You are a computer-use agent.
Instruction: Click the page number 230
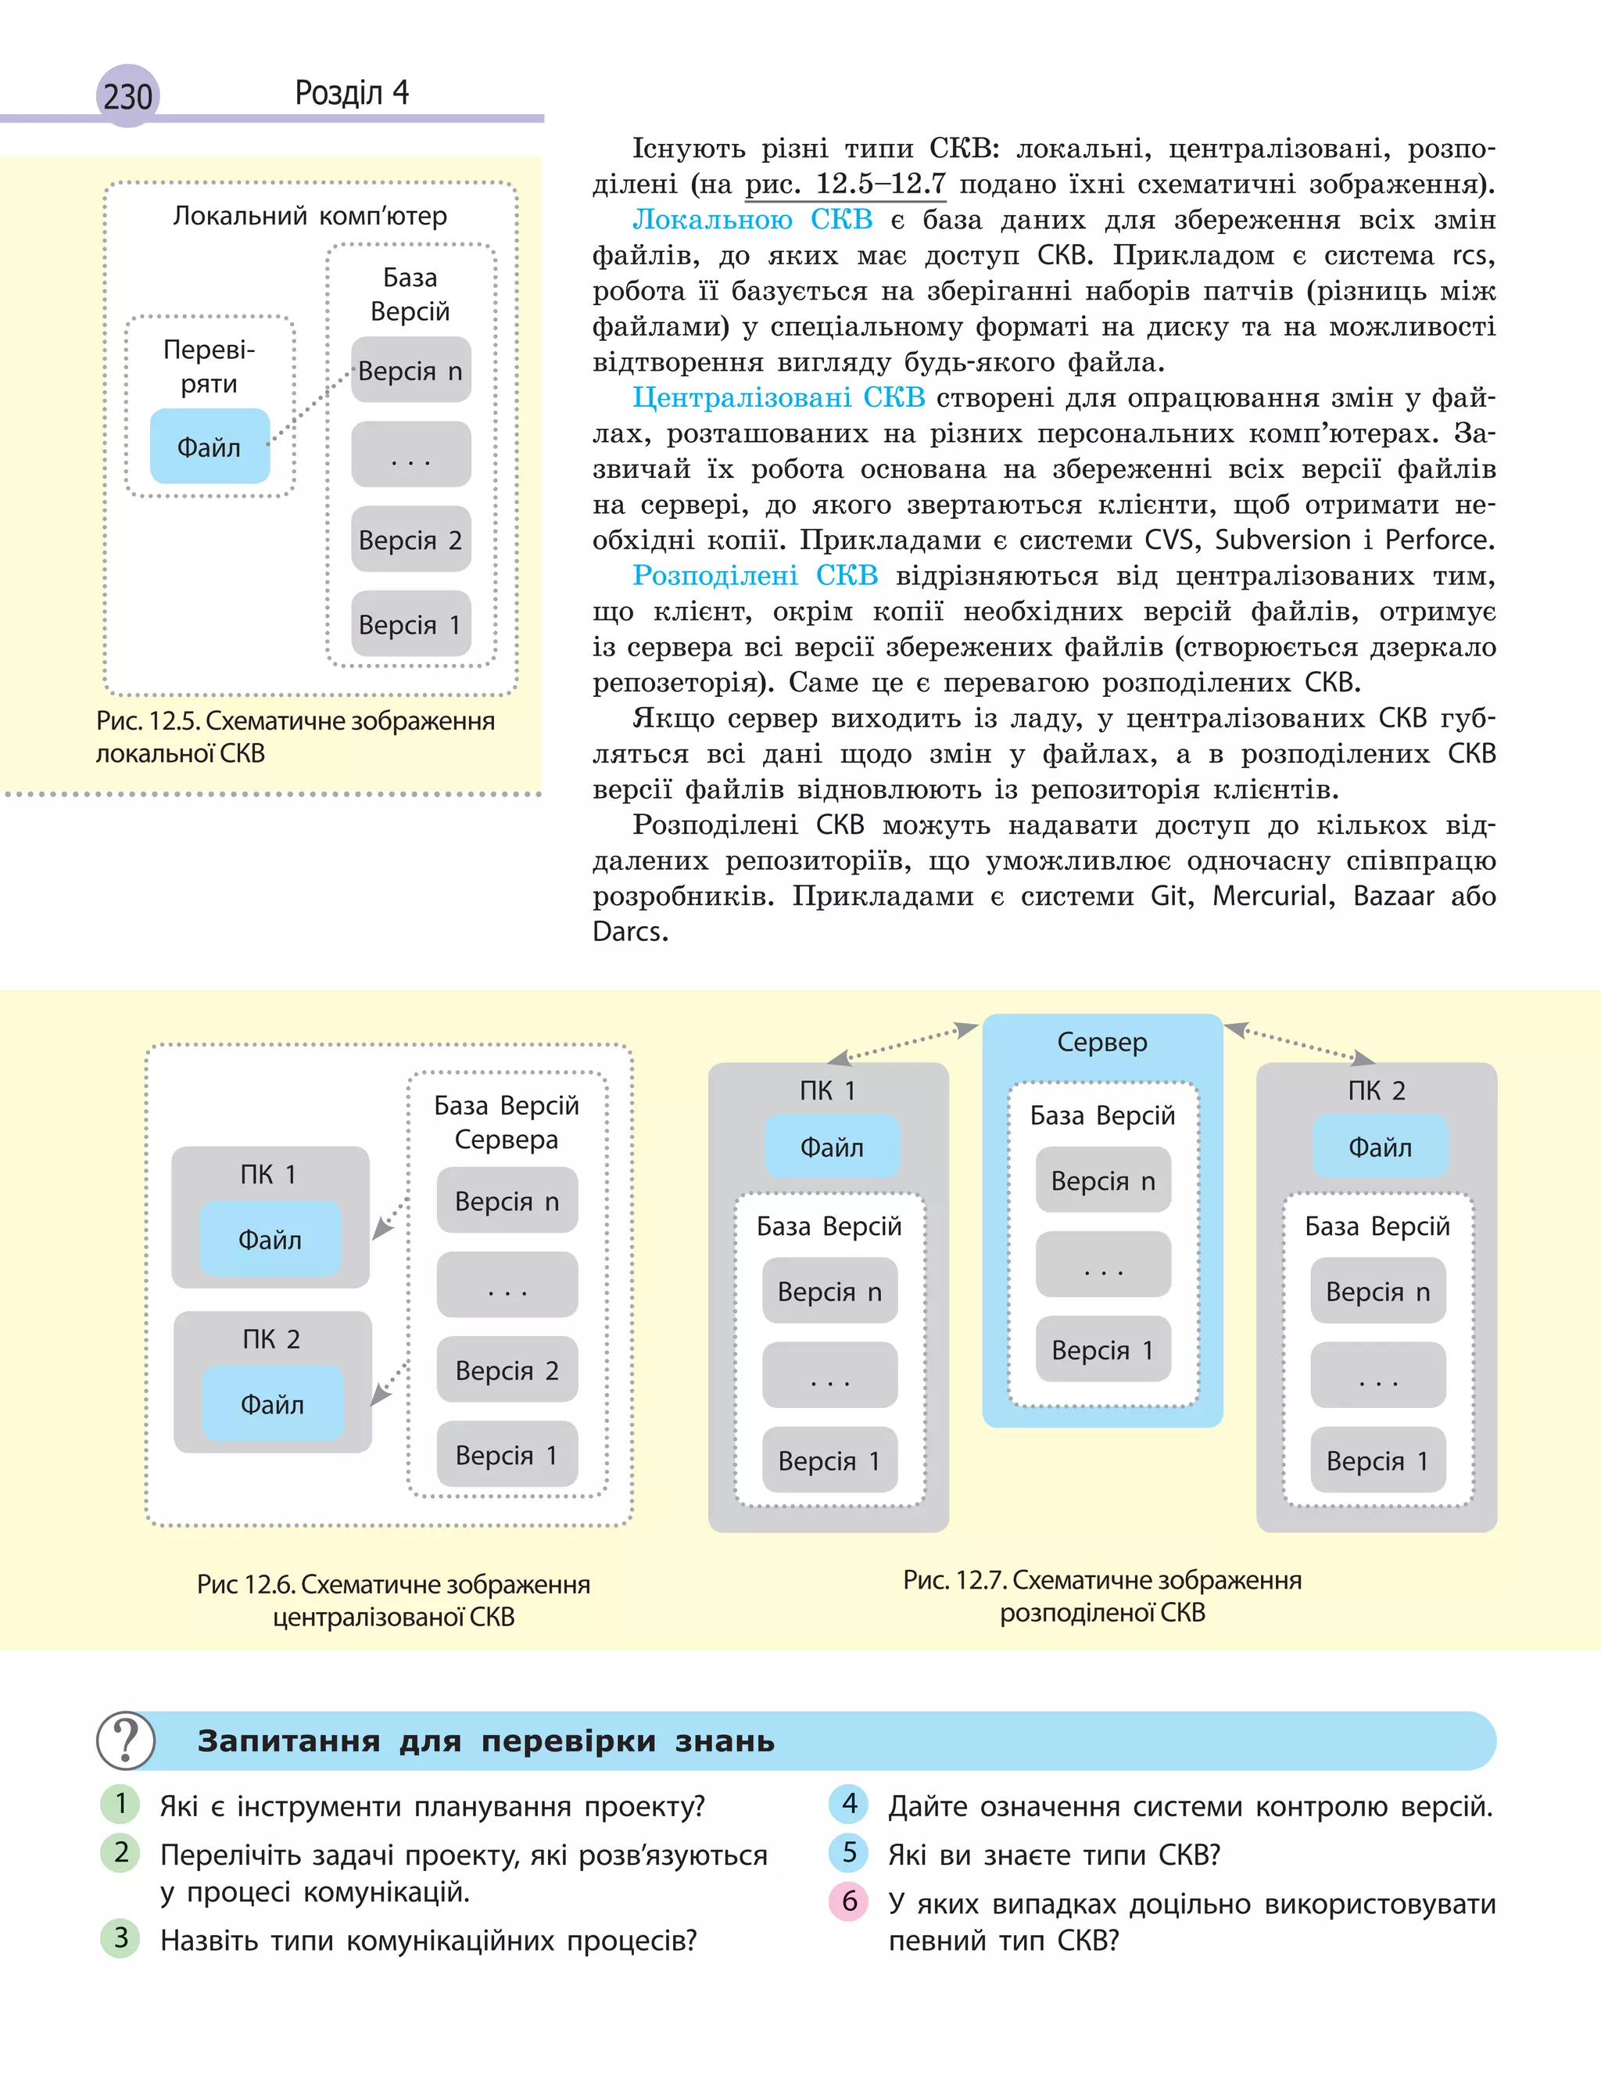pos(127,96)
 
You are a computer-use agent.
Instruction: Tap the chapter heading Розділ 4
pos(352,92)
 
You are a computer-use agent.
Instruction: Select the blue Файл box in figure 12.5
pos(210,446)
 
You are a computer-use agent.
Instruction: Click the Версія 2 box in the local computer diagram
pos(410,540)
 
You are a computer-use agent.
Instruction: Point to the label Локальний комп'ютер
pos(310,217)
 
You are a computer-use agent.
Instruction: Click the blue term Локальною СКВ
pos(752,221)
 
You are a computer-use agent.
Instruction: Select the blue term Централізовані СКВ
pos(778,397)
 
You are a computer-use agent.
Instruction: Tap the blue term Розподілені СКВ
pos(754,576)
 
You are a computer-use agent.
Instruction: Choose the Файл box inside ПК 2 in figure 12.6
pos(273,1403)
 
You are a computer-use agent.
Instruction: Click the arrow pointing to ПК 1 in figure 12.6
pos(389,1221)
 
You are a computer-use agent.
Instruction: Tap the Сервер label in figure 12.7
pos(1101,1042)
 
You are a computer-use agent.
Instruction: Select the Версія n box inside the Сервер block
pos(1102,1181)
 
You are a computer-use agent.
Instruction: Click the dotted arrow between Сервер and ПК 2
pos(1299,1043)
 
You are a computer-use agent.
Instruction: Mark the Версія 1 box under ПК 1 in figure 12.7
pos(829,1460)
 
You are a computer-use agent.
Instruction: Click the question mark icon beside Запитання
pos(126,1740)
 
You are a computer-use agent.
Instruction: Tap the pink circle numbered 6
pos(849,1901)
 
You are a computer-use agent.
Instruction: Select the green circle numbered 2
pos(121,1852)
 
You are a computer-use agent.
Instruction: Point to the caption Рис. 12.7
pos(1101,1596)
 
